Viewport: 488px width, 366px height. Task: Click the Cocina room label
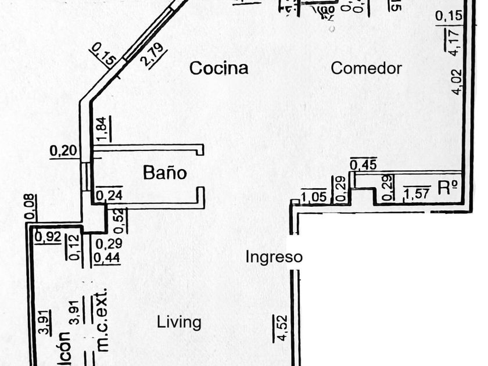219,68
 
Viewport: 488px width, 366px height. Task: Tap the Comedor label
366,68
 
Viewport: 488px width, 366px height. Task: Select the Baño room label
165,173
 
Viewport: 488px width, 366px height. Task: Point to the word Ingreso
274,257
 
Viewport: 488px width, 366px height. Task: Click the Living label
179,322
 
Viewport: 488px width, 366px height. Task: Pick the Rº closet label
448,188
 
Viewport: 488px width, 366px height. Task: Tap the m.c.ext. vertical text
103,320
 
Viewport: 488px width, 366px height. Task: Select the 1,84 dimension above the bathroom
103,128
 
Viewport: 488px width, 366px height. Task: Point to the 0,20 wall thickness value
63,151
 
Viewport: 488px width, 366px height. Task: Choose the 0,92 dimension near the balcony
48,237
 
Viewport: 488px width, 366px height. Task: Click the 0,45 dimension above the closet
364,165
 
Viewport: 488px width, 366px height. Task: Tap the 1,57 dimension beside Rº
417,192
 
